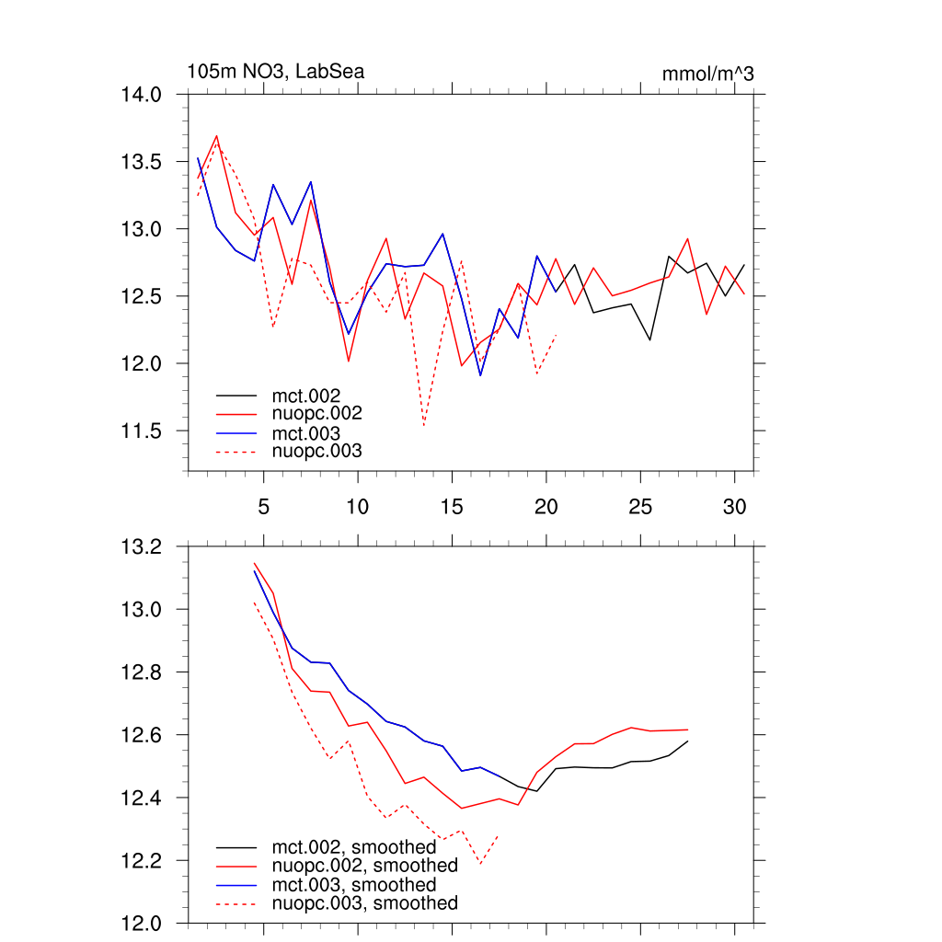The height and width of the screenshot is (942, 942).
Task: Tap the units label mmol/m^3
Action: point(707,74)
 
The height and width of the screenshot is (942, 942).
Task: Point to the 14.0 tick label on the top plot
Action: point(142,94)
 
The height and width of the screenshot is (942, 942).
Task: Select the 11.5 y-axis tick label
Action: point(142,431)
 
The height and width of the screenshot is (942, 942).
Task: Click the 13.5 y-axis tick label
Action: point(142,161)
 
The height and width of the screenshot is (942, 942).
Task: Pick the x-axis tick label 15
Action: point(452,506)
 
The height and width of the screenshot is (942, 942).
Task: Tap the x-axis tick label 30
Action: point(734,506)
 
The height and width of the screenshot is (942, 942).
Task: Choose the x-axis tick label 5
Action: point(264,506)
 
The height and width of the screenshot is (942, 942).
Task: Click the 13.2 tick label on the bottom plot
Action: point(142,546)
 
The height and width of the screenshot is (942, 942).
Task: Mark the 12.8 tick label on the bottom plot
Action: point(142,672)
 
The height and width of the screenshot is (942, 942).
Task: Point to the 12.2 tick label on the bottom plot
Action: point(142,860)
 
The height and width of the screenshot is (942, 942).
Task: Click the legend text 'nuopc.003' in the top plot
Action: point(317,451)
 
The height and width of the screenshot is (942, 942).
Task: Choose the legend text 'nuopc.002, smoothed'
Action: point(364,866)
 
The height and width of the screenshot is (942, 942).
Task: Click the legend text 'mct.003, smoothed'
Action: point(354,884)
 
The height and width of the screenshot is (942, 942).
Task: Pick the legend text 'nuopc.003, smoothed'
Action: point(364,903)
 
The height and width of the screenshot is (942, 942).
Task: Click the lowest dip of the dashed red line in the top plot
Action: point(424,426)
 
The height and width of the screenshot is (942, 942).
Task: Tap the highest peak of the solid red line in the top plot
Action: point(216,136)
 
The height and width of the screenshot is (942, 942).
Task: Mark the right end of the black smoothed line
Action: point(687,741)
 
